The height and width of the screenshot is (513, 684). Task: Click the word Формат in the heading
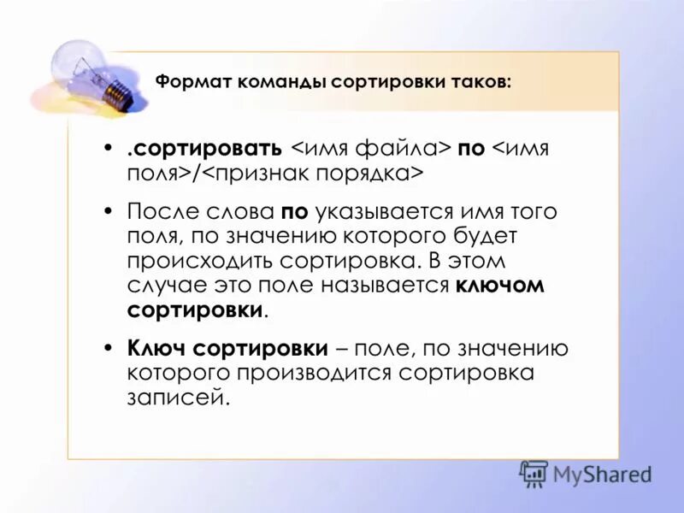click(x=189, y=83)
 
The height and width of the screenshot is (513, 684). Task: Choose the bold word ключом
click(x=500, y=286)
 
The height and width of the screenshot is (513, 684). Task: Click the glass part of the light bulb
click(x=80, y=64)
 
